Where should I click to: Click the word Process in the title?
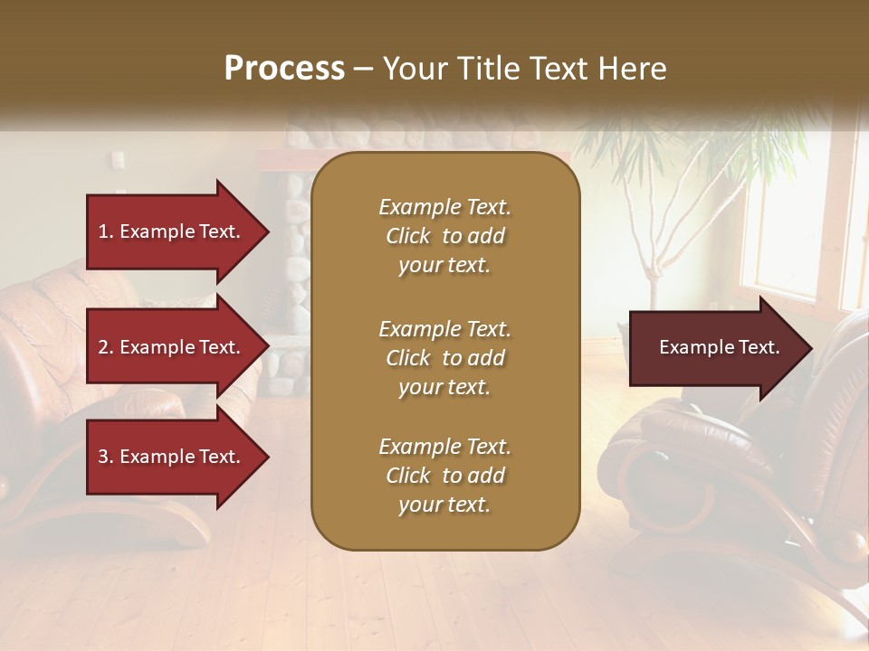284,68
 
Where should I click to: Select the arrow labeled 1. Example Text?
168,231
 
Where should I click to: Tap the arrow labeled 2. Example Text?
168,347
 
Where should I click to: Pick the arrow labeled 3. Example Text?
168,457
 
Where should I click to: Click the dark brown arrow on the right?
715,348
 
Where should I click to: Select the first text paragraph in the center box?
444,236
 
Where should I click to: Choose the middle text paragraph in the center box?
444,358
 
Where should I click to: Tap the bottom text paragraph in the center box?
444,476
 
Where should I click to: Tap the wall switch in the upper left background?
118,160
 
